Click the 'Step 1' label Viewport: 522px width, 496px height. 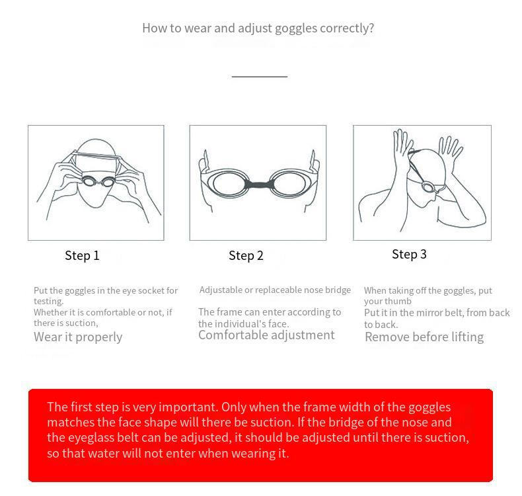pos(82,255)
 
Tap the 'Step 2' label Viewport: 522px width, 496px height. pos(246,255)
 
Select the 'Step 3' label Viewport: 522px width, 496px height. pos(409,254)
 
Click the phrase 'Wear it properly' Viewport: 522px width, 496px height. pos(78,337)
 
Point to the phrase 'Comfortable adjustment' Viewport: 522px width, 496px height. pos(266,335)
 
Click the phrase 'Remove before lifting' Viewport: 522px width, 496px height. pos(424,337)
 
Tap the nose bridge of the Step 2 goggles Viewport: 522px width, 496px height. pos(258,185)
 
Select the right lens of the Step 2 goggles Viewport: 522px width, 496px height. pos(288,184)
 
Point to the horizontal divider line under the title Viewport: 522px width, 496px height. pos(260,77)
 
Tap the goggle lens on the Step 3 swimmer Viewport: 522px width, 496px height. pos(428,186)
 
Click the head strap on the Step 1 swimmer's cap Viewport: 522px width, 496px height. pos(96,155)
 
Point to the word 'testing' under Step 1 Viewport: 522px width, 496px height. pos(48,302)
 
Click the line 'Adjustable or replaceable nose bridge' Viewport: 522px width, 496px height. pos(275,290)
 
